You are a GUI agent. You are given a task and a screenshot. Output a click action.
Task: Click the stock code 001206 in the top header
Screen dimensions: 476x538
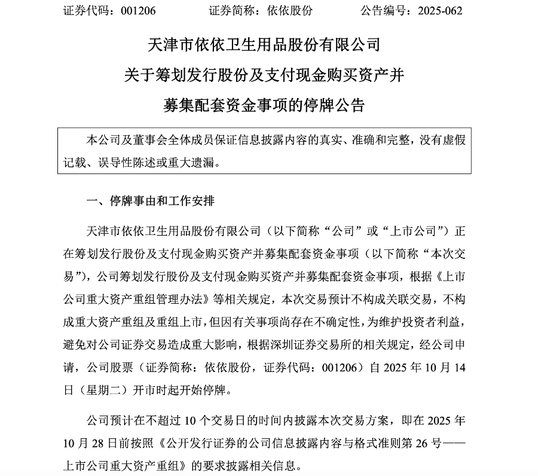139,11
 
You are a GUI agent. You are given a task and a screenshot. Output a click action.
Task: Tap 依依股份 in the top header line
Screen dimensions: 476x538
292,11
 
